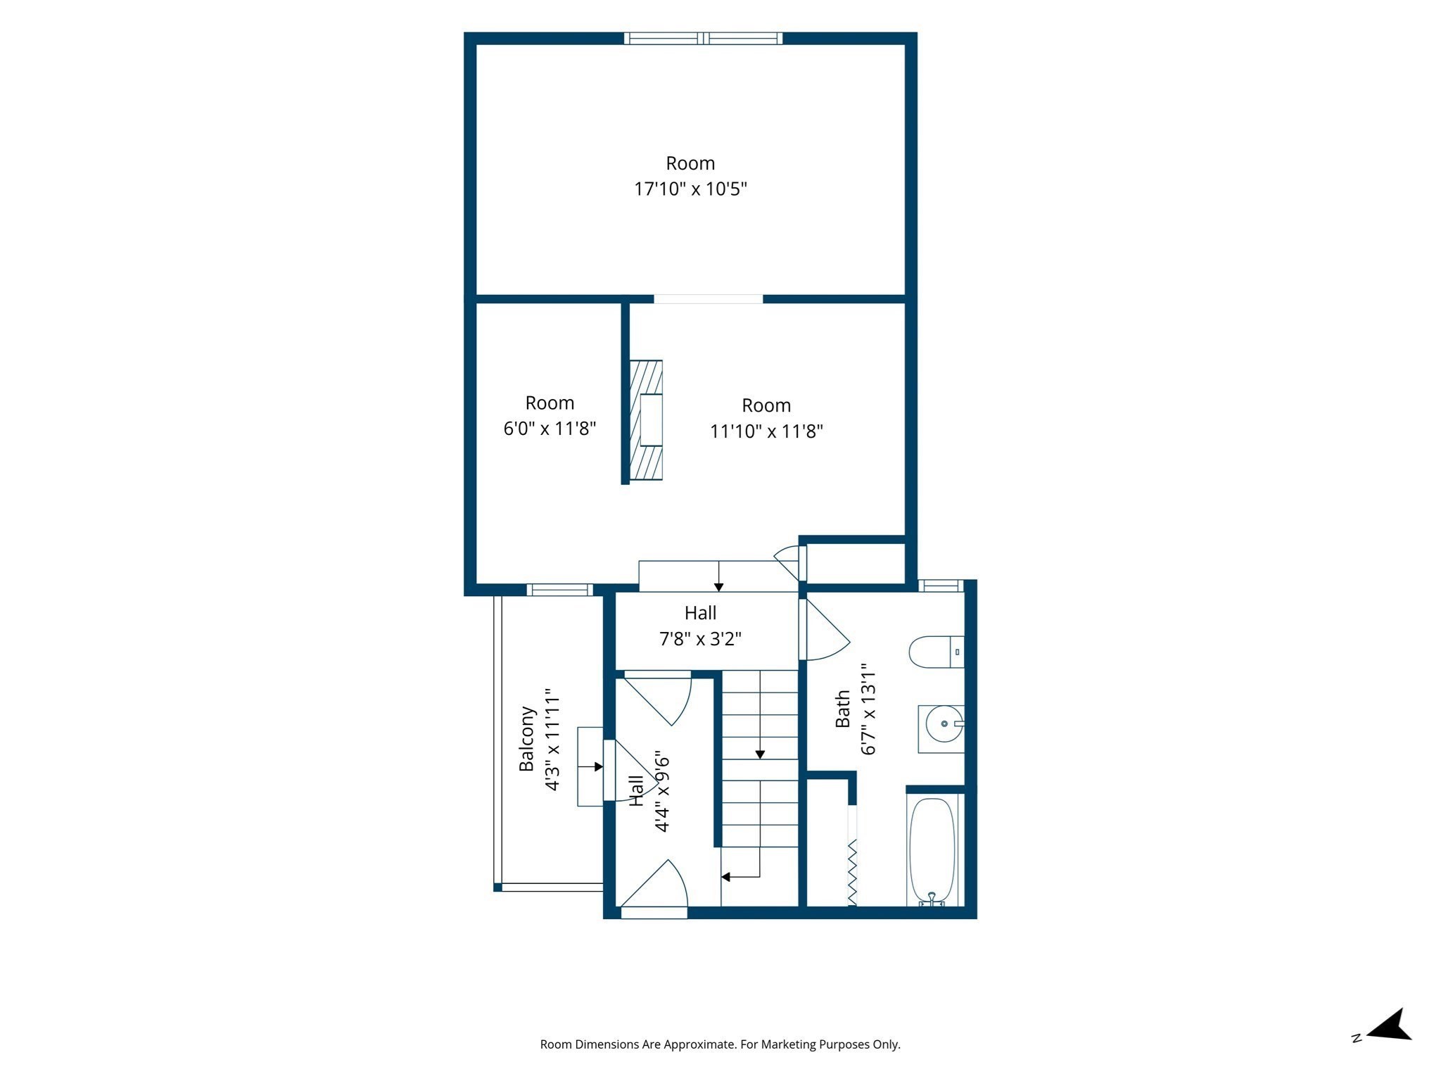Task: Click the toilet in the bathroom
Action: pos(937,652)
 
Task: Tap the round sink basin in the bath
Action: pos(944,723)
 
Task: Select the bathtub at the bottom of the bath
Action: pos(932,851)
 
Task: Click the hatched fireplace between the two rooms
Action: pos(646,420)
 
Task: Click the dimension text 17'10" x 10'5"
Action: pos(690,189)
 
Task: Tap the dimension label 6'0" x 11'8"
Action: pos(550,428)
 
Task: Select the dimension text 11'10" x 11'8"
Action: pos(766,431)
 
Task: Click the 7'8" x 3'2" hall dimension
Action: pos(700,638)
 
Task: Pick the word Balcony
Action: pos(527,738)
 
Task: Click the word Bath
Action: pos(842,709)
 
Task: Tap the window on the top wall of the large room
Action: pos(703,38)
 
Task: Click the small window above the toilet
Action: pos(941,585)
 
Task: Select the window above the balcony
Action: pos(560,590)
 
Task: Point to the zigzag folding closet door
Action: pos(852,872)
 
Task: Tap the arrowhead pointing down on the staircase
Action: pos(760,754)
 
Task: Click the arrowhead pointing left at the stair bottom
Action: pos(725,877)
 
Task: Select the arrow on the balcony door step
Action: pos(590,766)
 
